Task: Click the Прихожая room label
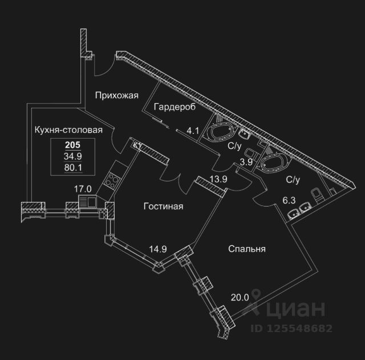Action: click(x=117, y=95)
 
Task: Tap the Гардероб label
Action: click(x=175, y=107)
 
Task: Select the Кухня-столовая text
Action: click(x=68, y=130)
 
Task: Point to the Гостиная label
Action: click(x=164, y=207)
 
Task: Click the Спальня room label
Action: click(x=247, y=249)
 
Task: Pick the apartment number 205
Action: click(x=72, y=145)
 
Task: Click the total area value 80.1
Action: click(x=73, y=167)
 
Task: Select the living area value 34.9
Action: click(x=73, y=156)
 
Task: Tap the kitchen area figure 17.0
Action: click(x=83, y=189)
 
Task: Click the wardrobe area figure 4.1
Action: click(x=193, y=131)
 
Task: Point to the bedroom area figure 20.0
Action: click(x=240, y=297)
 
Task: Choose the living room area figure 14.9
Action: click(x=158, y=249)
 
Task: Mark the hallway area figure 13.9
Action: click(x=218, y=179)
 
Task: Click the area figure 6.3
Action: click(x=289, y=200)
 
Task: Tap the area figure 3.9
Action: click(x=246, y=162)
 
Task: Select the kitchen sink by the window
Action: click(x=88, y=201)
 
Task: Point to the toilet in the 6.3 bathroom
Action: click(x=318, y=195)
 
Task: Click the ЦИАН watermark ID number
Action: click(x=291, y=328)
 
